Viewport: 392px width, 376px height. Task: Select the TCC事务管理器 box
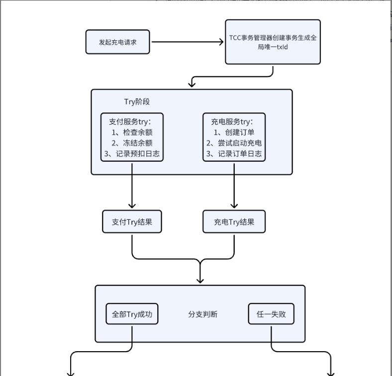pos(273,42)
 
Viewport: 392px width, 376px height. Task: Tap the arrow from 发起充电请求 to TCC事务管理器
pos(187,42)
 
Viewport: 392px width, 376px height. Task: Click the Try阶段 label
pos(137,102)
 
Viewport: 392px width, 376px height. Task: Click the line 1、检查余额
pos(132,132)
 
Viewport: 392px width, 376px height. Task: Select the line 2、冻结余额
pos(132,143)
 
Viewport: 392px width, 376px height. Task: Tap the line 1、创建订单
pos(234,132)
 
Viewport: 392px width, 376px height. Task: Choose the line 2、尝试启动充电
pos(234,143)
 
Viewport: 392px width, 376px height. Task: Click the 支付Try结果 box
pos(132,222)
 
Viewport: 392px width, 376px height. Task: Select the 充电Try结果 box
pos(234,222)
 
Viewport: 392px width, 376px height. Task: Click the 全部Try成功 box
pos(132,314)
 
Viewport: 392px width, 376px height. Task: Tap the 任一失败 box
pos(271,314)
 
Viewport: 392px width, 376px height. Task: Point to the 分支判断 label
pos(202,314)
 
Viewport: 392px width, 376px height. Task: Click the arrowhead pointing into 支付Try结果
pos(132,205)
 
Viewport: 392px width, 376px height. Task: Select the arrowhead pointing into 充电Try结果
pos(234,205)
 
